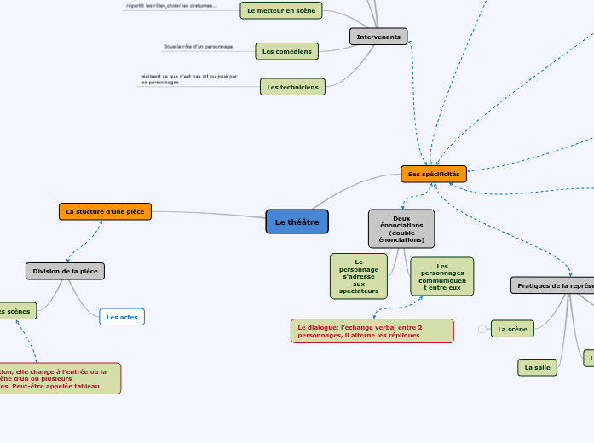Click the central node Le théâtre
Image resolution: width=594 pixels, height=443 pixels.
pyautogui.click(x=297, y=221)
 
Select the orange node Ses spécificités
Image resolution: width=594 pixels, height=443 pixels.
pyautogui.click(x=434, y=174)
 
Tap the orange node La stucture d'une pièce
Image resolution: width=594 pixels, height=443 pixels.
pyautogui.click(x=106, y=211)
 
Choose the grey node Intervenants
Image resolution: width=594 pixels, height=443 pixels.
pyautogui.click(x=378, y=37)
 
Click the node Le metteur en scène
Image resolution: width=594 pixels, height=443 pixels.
pyautogui.click(x=280, y=10)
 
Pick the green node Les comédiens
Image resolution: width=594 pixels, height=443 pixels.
pyautogui.click(x=287, y=51)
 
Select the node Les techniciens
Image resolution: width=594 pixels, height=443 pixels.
pyautogui.click(x=292, y=87)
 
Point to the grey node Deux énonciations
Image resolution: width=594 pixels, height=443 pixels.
pyautogui.click(x=401, y=229)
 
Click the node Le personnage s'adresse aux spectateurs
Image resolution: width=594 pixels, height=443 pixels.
pyautogui.click(x=359, y=277)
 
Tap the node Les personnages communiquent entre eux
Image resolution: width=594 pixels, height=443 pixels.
pyautogui.click(x=442, y=277)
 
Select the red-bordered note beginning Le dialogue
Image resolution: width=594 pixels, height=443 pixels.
pyautogui.click(x=372, y=331)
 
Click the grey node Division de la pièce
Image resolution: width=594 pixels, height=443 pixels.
pyautogui.click(x=65, y=271)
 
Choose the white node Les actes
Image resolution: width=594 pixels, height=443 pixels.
pyautogui.click(x=122, y=317)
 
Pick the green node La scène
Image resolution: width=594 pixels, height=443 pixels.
pyautogui.click(x=512, y=329)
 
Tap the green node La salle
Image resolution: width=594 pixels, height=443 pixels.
pyautogui.click(x=537, y=367)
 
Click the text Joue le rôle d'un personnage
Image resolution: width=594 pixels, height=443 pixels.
pyautogui.click(x=198, y=47)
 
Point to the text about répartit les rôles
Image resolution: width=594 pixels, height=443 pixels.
pyautogui.click(x=171, y=6)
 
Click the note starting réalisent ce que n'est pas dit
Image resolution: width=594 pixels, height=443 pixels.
pyautogui.click(x=187, y=79)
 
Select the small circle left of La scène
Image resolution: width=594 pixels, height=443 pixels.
pyautogui.click(x=482, y=329)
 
